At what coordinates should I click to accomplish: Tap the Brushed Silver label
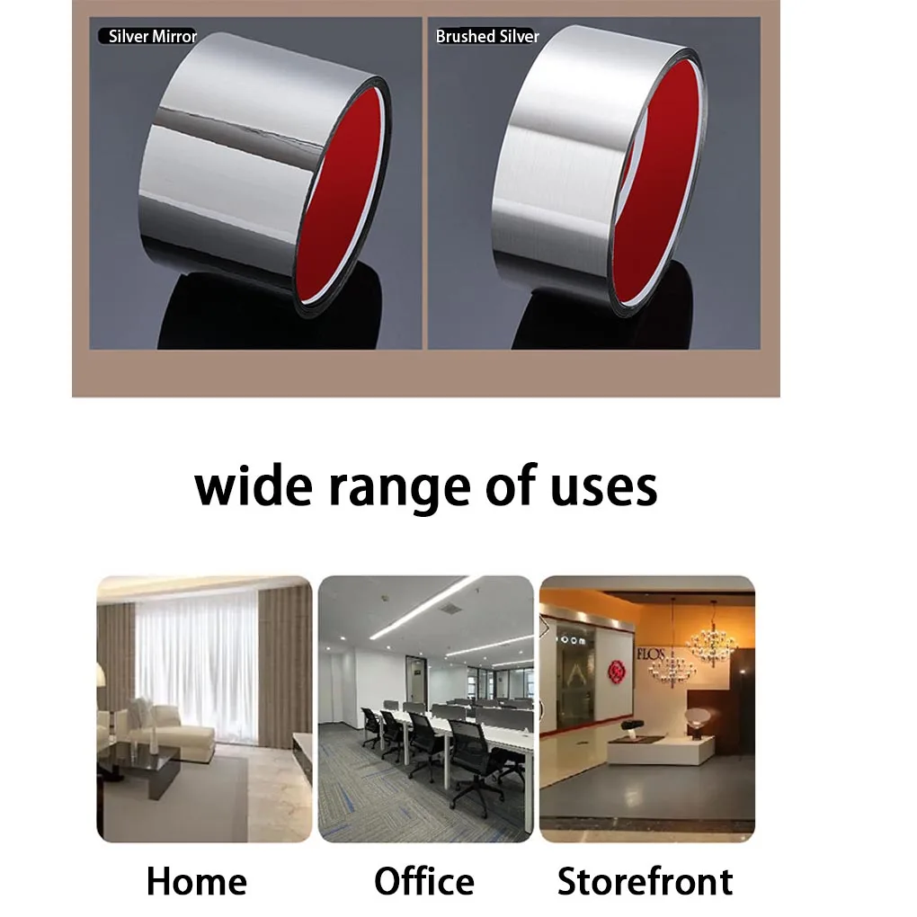(487, 37)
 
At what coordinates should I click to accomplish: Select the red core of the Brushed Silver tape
(661, 189)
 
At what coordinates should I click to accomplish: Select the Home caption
(196, 881)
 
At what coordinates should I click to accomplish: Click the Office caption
(423, 881)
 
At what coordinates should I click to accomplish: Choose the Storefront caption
(645, 881)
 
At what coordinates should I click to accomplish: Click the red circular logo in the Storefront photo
(617, 671)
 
